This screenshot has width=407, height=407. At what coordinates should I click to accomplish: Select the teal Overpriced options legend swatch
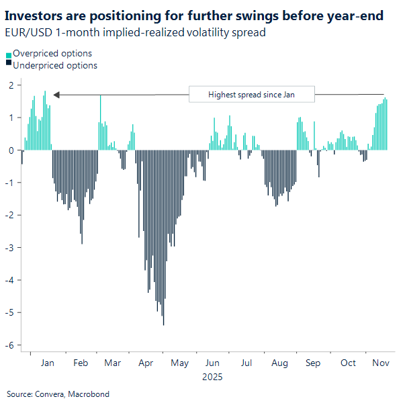[x=9, y=54]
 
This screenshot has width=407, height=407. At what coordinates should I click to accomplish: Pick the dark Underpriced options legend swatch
[x=9, y=65]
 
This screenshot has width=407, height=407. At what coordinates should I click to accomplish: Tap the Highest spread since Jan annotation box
[x=251, y=95]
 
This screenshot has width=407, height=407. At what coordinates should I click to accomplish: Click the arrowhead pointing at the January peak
[x=57, y=95]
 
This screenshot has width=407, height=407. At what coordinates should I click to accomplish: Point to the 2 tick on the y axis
[x=11, y=85]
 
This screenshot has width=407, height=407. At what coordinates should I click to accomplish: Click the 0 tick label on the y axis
[x=11, y=150]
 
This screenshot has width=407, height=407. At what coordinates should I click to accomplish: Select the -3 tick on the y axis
[x=9, y=248]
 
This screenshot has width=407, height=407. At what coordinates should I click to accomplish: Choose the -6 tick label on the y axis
[x=9, y=345]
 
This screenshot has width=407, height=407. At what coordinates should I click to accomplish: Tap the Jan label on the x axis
[x=48, y=363]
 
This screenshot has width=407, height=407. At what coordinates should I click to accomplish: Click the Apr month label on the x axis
[x=146, y=363]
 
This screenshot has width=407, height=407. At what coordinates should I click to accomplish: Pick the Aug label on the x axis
[x=279, y=363]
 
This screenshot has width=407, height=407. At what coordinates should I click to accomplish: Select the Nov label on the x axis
[x=380, y=363]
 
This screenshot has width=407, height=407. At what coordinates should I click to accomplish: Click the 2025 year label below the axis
[x=212, y=377]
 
